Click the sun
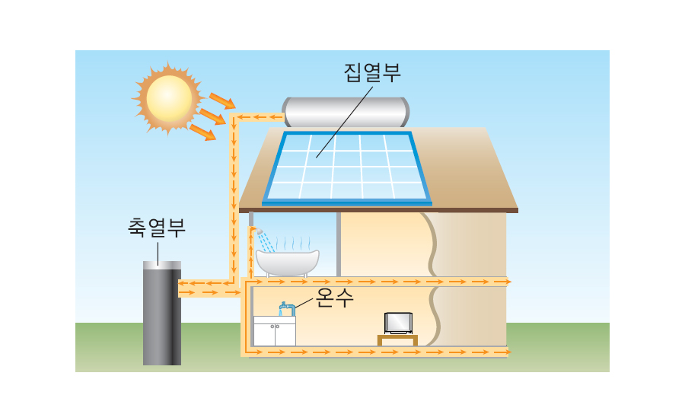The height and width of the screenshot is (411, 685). coord(169,97)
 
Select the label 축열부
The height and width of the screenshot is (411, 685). coord(157,228)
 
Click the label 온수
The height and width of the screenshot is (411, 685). coord(335,297)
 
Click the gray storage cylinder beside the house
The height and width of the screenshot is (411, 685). coord(161,316)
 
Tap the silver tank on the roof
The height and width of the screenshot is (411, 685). coord(346,112)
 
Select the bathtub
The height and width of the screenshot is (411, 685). coord(287,262)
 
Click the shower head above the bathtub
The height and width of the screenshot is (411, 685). coord(259,231)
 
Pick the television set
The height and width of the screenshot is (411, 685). coord(398,323)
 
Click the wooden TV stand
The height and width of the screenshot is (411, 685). coord(397,339)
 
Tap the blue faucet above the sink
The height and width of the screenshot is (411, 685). coord(287,308)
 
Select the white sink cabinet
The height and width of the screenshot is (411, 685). coord(274,331)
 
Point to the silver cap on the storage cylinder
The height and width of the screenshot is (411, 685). coord(161,264)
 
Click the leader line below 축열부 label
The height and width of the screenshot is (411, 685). coord(158,250)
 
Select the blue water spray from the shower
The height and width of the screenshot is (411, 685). coord(266,242)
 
